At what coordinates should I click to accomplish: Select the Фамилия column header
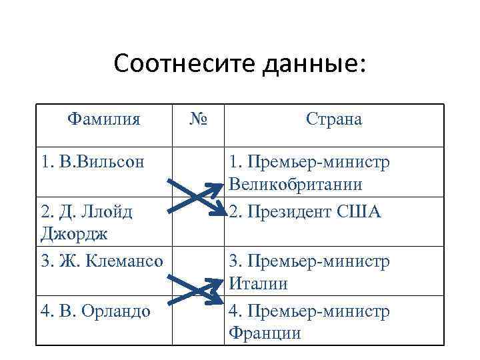pyautogui.click(x=104, y=119)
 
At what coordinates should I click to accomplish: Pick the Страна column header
pyautogui.click(x=334, y=119)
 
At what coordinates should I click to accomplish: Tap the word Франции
pyautogui.click(x=265, y=333)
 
